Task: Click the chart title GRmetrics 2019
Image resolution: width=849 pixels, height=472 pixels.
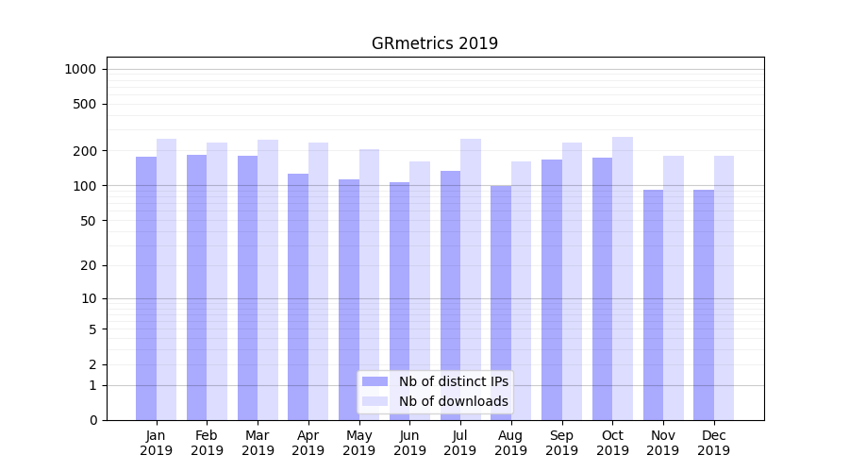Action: pos(434,43)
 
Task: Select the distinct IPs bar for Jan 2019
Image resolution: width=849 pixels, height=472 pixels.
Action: pos(146,288)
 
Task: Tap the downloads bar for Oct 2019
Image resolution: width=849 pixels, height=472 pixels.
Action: pos(623,278)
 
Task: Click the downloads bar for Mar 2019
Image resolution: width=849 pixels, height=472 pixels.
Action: pos(268,279)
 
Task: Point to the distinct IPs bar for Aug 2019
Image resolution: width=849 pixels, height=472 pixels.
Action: pos(501,302)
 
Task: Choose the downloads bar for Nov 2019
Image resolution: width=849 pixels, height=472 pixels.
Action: pos(674,288)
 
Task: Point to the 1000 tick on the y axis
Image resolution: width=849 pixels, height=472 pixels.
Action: pos(80,69)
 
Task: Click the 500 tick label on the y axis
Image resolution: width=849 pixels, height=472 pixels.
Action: pos(86,104)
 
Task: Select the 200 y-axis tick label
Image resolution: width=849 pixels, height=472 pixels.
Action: pos(86,151)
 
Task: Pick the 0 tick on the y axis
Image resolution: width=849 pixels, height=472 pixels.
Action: pos(92,420)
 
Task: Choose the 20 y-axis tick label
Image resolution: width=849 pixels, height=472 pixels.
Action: pos(89,265)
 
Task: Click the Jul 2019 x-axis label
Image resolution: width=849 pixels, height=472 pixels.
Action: pos(460,443)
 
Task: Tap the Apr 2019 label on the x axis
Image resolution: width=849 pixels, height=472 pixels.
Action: pos(308,443)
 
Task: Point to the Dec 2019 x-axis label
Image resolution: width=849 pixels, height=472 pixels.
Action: pos(714,443)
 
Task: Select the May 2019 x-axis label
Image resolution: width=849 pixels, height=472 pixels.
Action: pos(359,443)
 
